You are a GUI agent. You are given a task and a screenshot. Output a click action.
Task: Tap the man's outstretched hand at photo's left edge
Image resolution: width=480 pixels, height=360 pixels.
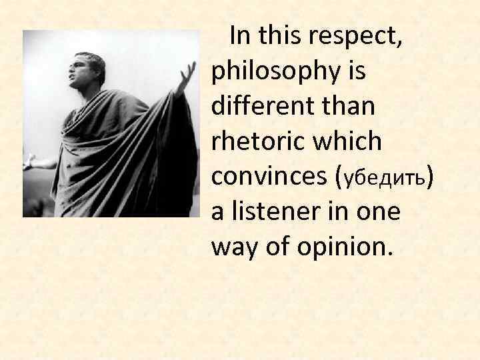tap(29, 161)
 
